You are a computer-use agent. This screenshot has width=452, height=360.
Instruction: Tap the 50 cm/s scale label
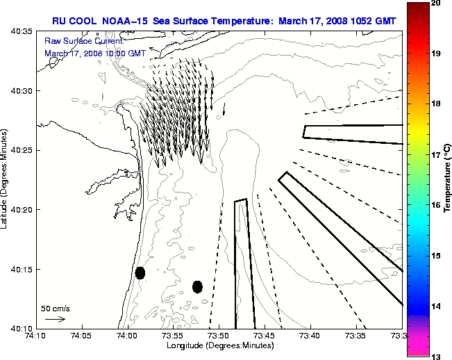tap(56, 308)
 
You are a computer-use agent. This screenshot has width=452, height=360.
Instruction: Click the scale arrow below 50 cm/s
tap(55, 319)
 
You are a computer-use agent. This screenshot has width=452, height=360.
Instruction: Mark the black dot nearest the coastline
tap(140, 272)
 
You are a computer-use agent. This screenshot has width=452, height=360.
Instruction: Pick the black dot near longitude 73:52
tap(197, 286)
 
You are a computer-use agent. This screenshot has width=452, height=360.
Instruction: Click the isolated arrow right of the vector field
tap(224, 110)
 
